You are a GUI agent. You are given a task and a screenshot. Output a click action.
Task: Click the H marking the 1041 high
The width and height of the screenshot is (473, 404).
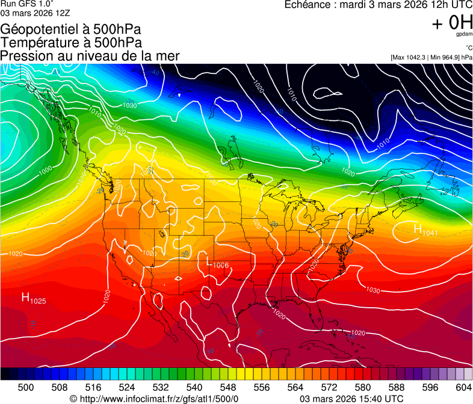(x=418, y=229)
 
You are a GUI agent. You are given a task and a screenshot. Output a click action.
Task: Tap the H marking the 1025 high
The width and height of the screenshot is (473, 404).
(x=26, y=296)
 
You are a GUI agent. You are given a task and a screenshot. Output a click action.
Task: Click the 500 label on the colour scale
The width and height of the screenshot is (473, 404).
(x=26, y=387)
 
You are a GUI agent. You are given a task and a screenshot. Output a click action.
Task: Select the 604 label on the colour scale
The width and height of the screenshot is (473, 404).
(x=463, y=387)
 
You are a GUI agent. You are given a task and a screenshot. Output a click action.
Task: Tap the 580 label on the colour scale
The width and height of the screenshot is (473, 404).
(x=362, y=387)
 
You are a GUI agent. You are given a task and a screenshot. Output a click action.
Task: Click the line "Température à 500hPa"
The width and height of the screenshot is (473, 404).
(x=71, y=43)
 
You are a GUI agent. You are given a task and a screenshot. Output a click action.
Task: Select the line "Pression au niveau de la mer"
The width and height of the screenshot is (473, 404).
(x=90, y=56)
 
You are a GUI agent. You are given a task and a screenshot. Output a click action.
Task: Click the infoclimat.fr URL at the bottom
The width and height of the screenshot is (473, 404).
(x=159, y=399)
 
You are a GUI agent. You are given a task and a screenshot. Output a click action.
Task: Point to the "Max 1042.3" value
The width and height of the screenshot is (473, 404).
(x=409, y=58)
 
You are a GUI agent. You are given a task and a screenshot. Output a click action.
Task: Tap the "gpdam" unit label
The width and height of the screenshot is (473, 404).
(x=464, y=34)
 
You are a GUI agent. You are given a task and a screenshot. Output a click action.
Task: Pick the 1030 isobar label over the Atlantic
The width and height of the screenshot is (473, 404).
(x=373, y=290)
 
